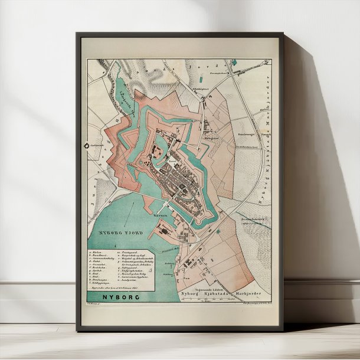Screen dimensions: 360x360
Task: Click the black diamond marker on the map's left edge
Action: pyautogui.click(x=86, y=145)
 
